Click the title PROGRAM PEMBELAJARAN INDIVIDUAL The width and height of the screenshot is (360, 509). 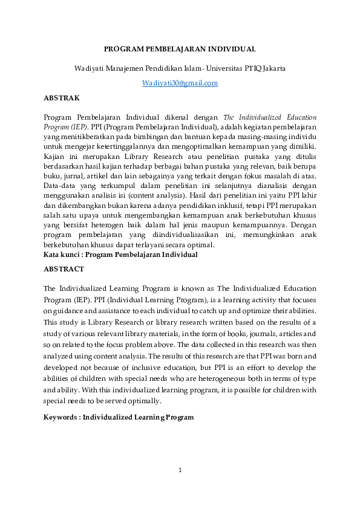coord(180,49)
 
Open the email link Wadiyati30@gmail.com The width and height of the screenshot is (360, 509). coord(180,83)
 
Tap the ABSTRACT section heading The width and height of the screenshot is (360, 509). coord(64,268)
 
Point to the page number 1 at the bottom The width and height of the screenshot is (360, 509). coord(180,470)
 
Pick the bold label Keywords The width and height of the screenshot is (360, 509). coord(62,417)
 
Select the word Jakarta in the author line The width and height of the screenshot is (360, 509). coord(272,68)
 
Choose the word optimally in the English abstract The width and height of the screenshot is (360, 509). coord(145,401)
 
